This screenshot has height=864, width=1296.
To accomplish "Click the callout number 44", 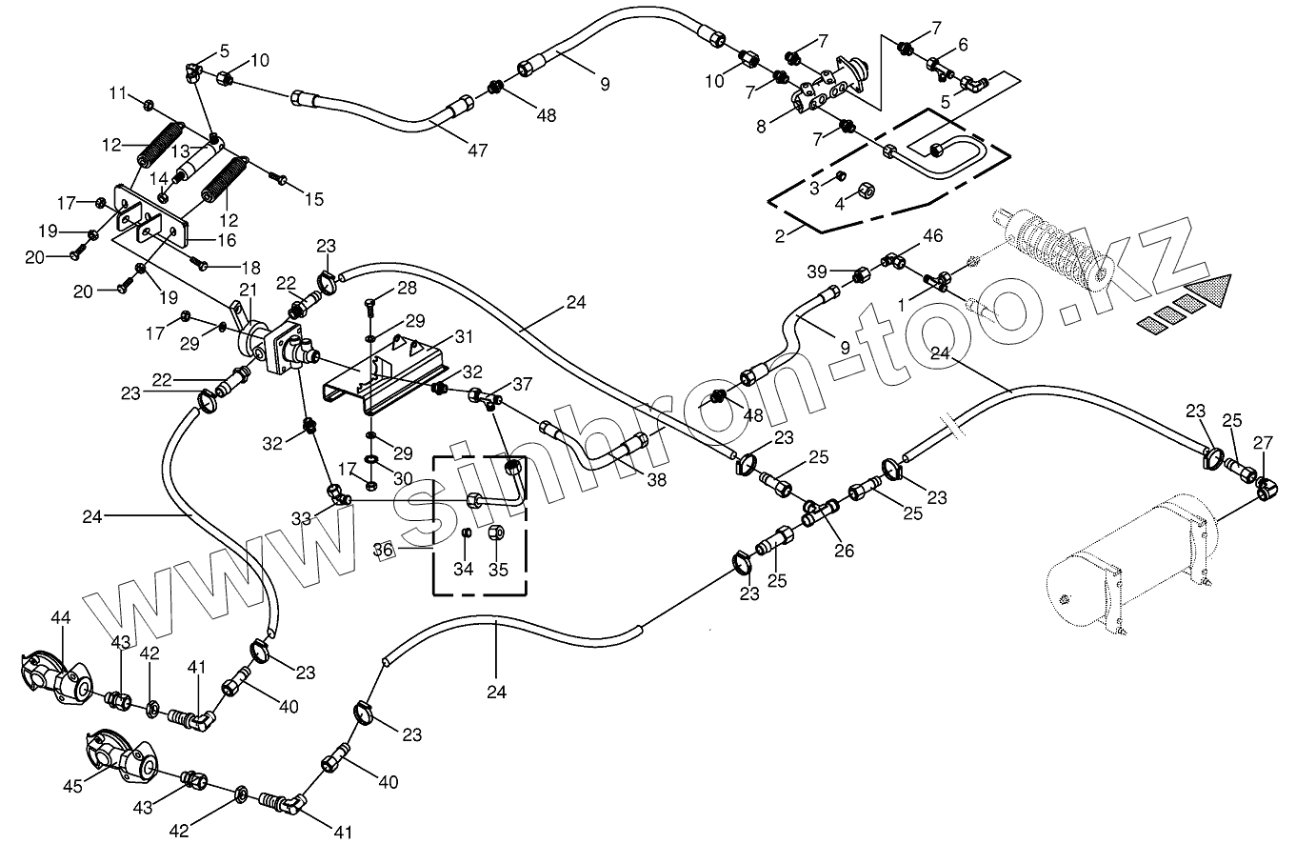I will click(60, 619).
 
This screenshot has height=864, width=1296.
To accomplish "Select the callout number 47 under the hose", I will click(478, 150).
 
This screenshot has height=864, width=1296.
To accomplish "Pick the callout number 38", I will click(657, 481).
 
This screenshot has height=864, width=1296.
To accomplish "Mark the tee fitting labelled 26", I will click(819, 512).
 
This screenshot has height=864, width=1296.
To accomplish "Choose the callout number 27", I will click(1263, 441).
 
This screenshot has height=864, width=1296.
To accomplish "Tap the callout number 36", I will click(383, 550).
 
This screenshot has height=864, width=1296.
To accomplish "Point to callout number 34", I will click(463, 570).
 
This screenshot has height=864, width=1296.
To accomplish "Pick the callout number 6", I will click(963, 45).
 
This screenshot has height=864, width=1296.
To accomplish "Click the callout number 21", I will click(249, 290).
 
